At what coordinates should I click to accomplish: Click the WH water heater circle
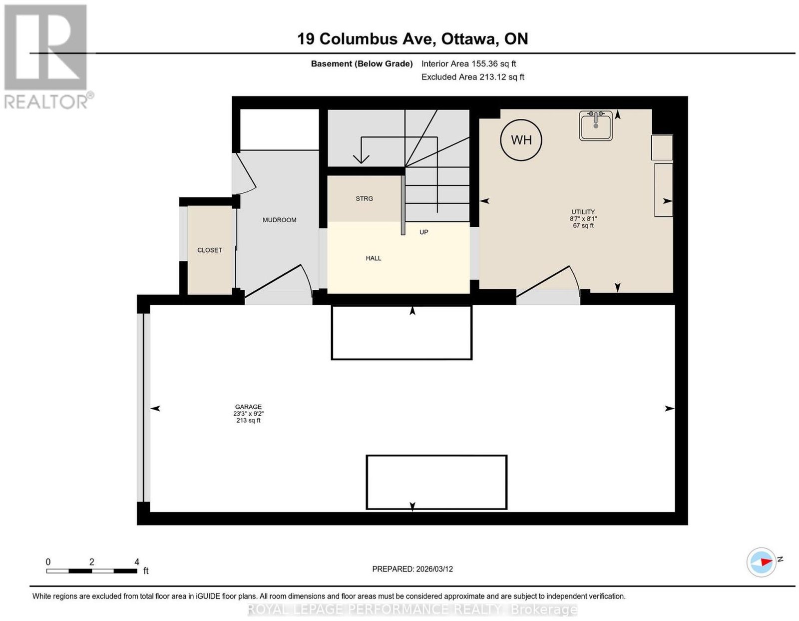(x=521, y=140)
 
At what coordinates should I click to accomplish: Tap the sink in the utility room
(x=596, y=126)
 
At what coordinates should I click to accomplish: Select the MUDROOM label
(x=279, y=220)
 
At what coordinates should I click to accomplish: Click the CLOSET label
(x=210, y=250)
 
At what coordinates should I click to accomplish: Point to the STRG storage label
(x=364, y=198)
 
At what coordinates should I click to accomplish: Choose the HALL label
(x=373, y=258)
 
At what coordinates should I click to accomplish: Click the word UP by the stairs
(x=423, y=232)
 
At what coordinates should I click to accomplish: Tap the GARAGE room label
(x=248, y=407)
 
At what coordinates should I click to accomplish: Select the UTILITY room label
(x=583, y=212)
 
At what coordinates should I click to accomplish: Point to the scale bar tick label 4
(x=137, y=562)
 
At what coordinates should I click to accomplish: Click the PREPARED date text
(x=412, y=569)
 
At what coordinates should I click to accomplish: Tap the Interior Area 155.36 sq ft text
(x=468, y=63)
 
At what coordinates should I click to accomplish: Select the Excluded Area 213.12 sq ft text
(x=472, y=77)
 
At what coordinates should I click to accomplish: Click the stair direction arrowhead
(x=361, y=158)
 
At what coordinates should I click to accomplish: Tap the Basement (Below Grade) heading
(x=362, y=63)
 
